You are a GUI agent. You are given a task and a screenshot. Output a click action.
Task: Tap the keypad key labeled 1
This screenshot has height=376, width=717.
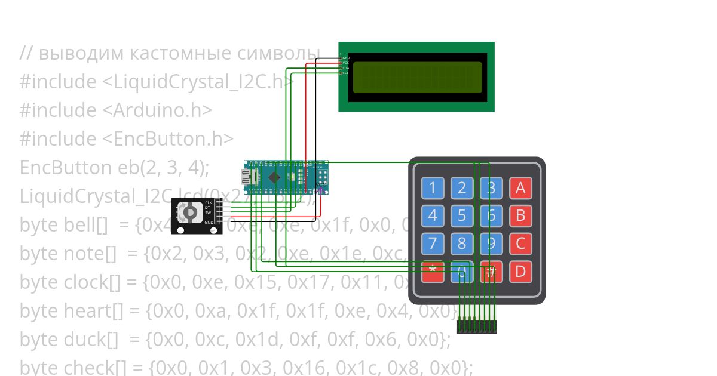[432, 189]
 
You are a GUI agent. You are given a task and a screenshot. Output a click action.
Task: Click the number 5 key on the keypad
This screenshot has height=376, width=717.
[461, 215]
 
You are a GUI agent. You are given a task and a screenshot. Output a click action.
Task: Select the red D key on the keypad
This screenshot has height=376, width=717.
[520, 272]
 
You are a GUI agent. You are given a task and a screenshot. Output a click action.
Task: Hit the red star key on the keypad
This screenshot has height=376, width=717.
[432, 272]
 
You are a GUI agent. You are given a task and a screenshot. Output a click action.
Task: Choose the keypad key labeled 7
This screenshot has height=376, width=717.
[432, 244]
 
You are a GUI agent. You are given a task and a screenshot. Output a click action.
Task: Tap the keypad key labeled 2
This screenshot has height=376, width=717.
[461, 189]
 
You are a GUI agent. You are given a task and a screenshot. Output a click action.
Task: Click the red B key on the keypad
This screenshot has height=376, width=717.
[520, 215]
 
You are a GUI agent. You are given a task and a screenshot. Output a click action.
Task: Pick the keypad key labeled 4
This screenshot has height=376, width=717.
[432, 215]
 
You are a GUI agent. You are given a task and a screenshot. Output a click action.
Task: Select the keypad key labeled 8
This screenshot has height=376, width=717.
[461, 244]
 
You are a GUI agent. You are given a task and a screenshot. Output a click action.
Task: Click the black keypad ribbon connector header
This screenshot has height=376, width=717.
[477, 327]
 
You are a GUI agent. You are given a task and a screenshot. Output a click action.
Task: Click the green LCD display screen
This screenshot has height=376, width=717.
[417, 77]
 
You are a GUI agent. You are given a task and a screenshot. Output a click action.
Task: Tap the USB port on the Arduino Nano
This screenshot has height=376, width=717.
[247, 177]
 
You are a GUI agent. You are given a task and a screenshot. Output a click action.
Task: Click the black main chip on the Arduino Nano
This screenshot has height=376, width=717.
[274, 177]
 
